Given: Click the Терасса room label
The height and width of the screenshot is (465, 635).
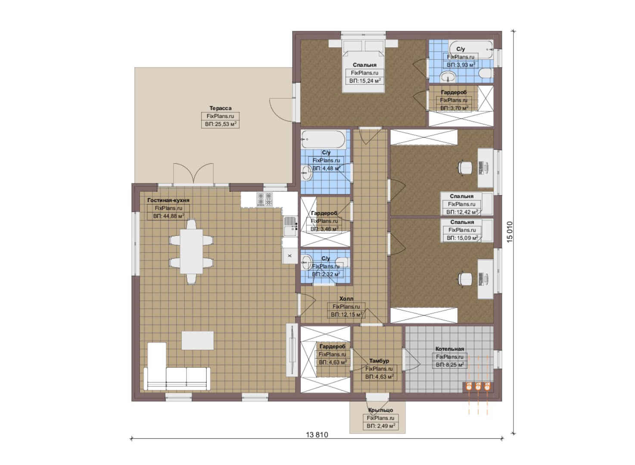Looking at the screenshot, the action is coord(220,108).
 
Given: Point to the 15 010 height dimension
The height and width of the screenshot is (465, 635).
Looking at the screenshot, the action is coord(510,232).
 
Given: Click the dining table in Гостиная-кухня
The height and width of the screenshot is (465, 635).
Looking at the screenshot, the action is coord(191,251).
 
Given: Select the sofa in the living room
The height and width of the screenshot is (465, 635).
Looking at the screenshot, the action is coord(177,378).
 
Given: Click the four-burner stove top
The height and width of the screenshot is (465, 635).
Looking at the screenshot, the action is coord(265,199).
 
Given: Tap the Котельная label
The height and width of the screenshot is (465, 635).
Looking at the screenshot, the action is coord(450,349).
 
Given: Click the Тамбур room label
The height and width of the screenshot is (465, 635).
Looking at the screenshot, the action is coord(379,361).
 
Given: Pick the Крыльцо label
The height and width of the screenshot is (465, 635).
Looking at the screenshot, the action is coord(380,410).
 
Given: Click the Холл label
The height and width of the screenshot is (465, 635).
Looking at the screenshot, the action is coord(346,299).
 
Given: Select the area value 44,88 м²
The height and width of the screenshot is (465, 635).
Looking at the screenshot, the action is coord(169,216).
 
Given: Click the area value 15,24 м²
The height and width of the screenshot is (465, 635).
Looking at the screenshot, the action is coord(365,81).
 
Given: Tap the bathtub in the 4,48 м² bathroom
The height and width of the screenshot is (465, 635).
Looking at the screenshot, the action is coord(323,139).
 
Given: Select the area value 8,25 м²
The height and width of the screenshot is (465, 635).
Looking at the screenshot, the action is coord(450,365).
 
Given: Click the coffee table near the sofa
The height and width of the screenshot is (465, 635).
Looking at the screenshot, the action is coord(198,340).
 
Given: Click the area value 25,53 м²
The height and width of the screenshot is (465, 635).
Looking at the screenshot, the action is coord(221,124).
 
